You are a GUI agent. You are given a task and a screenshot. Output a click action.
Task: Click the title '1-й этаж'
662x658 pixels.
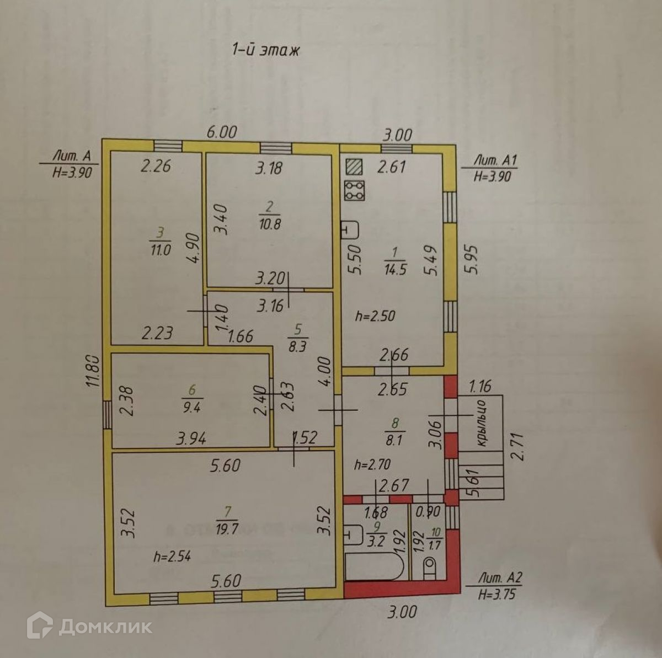tap(265, 50)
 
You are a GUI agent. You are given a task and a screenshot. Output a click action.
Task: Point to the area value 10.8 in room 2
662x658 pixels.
tap(270, 224)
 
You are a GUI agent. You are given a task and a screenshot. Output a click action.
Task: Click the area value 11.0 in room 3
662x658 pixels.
tap(160, 249)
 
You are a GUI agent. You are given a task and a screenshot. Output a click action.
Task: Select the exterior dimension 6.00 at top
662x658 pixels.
tap(222, 132)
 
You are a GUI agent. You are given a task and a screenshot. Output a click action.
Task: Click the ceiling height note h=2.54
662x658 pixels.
tap(172, 556)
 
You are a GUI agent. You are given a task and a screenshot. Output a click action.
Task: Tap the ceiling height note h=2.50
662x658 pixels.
tap(376, 317)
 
